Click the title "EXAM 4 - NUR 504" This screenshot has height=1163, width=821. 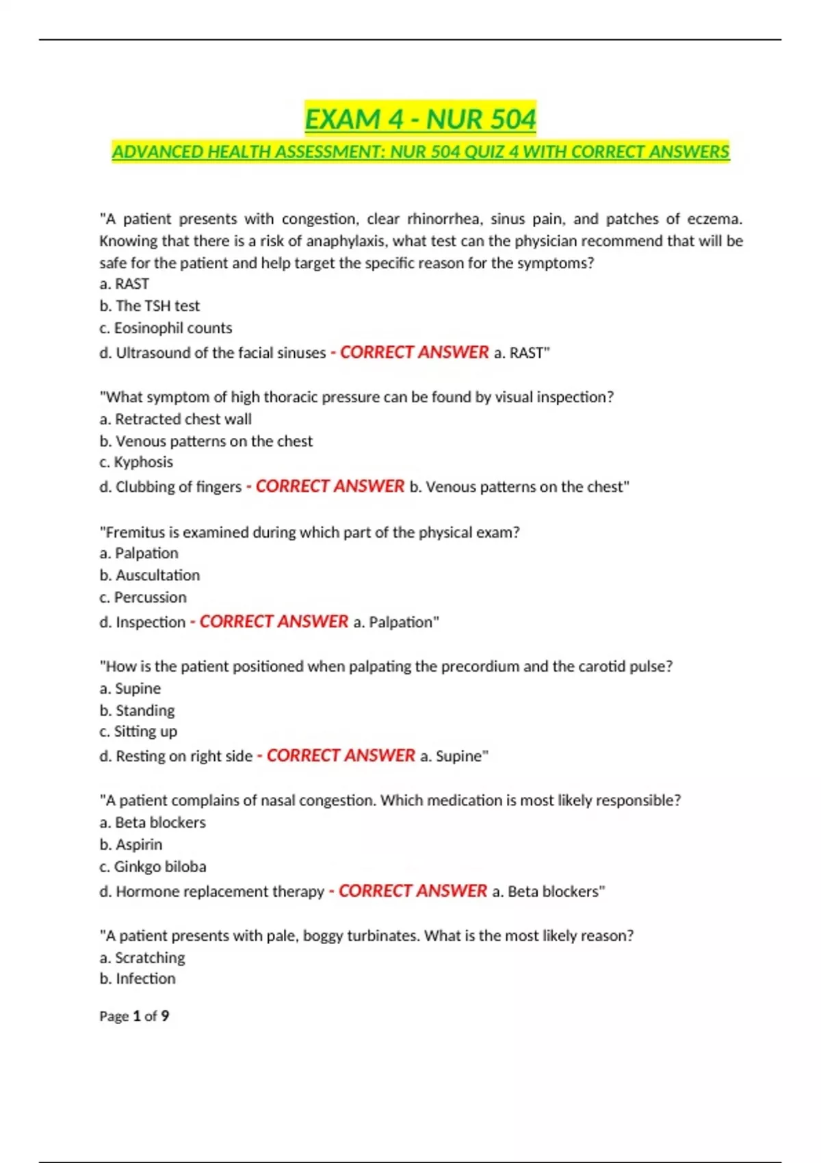[x=420, y=119]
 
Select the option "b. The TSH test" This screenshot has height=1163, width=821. [x=150, y=306]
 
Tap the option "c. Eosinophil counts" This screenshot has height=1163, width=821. [x=166, y=328]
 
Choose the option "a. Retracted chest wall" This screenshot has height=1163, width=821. [x=176, y=419]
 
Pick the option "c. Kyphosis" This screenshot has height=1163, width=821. [x=136, y=462]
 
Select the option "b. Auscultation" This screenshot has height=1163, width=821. [x=150, y=575]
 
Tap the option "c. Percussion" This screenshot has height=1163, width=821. [x=143, y=597]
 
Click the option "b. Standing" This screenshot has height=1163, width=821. [x=137, y=710]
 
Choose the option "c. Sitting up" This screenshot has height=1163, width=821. [x=138, y=731]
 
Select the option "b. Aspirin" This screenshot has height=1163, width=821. [x=131, y=844]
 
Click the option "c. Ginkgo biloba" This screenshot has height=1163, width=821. [x=153, y=866]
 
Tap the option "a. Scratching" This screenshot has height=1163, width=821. [x=142, y=957]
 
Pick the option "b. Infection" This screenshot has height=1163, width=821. [x=138, y=978]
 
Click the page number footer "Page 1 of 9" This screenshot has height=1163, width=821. [x=134, y=1016]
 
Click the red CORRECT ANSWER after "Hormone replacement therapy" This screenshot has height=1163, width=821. [x=413, y=891]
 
